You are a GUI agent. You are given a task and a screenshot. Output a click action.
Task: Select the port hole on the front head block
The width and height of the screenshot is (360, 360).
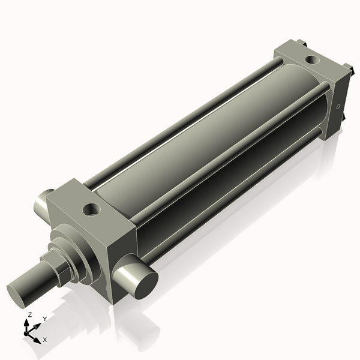[92, 209]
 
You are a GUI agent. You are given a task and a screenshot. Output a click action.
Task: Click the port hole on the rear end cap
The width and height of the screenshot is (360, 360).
[312, 60]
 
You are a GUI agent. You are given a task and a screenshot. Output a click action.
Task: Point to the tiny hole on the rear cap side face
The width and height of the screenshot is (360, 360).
[338, 107]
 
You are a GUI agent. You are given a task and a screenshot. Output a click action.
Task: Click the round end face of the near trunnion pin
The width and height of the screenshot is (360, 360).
[146, 286]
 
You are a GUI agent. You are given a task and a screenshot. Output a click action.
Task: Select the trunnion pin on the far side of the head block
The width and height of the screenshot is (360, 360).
[43, 205]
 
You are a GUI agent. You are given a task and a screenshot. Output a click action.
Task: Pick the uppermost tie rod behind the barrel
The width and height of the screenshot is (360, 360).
[184, 122]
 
